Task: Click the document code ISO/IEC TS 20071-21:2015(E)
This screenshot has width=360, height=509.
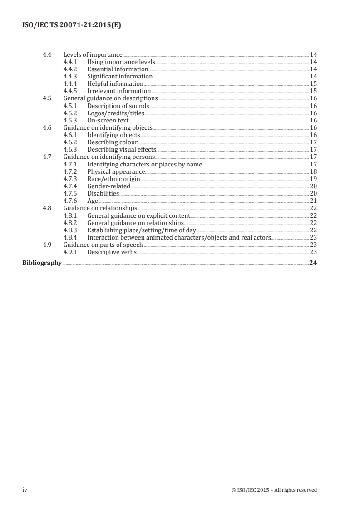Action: coord(71,25)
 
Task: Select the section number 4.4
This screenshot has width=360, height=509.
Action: coord(46,55)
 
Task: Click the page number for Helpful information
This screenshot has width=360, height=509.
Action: coord(313,84)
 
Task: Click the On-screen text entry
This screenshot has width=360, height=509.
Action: coord(108,120)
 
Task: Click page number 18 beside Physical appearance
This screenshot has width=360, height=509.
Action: coord(313,171)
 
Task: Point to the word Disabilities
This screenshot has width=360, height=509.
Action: coord(103,193)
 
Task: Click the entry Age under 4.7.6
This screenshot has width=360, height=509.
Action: coord(93,201)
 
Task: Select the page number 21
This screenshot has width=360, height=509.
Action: coord(313,201)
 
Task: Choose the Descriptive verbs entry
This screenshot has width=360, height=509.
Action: coord(112,251)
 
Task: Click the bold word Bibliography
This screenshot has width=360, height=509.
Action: coord(42,263)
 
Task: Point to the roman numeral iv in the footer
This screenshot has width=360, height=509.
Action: coord(25,489)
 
